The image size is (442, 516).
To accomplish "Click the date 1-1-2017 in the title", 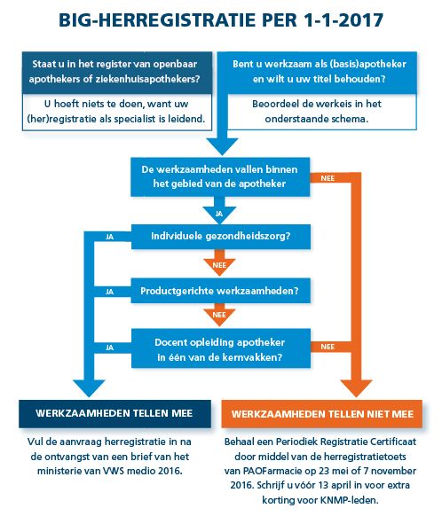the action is pos(343,20).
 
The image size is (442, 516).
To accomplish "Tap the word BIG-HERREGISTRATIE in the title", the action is pos(157,20).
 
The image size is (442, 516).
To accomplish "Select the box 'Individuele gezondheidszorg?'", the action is pos(221,237).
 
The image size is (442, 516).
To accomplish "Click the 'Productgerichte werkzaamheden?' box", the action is pos(221,291).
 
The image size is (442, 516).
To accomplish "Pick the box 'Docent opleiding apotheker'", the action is pos(221,348).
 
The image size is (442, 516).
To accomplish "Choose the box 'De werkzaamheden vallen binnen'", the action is pos(220,177).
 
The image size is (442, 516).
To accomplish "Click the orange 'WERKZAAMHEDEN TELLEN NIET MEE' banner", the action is pos(322,414).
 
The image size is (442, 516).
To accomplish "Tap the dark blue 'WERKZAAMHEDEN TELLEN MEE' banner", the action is pos(114,414).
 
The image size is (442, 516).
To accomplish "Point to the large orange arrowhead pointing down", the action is pos(356,387).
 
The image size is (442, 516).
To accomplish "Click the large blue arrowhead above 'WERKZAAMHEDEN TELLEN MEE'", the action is pos(89,387).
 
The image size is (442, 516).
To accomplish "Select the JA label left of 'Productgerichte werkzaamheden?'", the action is pos(110,292).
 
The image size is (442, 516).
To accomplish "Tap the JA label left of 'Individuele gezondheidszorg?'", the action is pos(110,237).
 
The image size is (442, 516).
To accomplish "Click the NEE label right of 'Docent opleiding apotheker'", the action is pos(328,347).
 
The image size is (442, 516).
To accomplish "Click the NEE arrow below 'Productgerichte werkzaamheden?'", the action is pos(219,314).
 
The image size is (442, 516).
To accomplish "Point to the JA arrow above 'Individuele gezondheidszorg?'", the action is pos(219,211).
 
